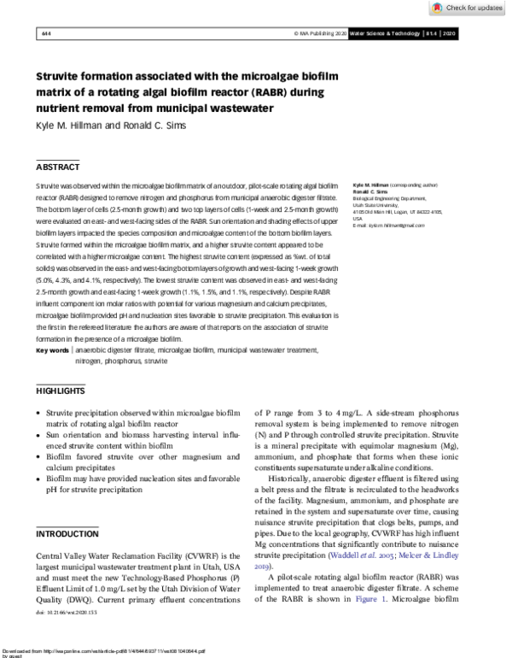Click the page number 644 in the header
(x=45, y=33)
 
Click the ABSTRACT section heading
(x=57, y=167)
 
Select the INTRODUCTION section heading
(x=67, y=534)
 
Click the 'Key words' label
(x=52, y=350)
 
